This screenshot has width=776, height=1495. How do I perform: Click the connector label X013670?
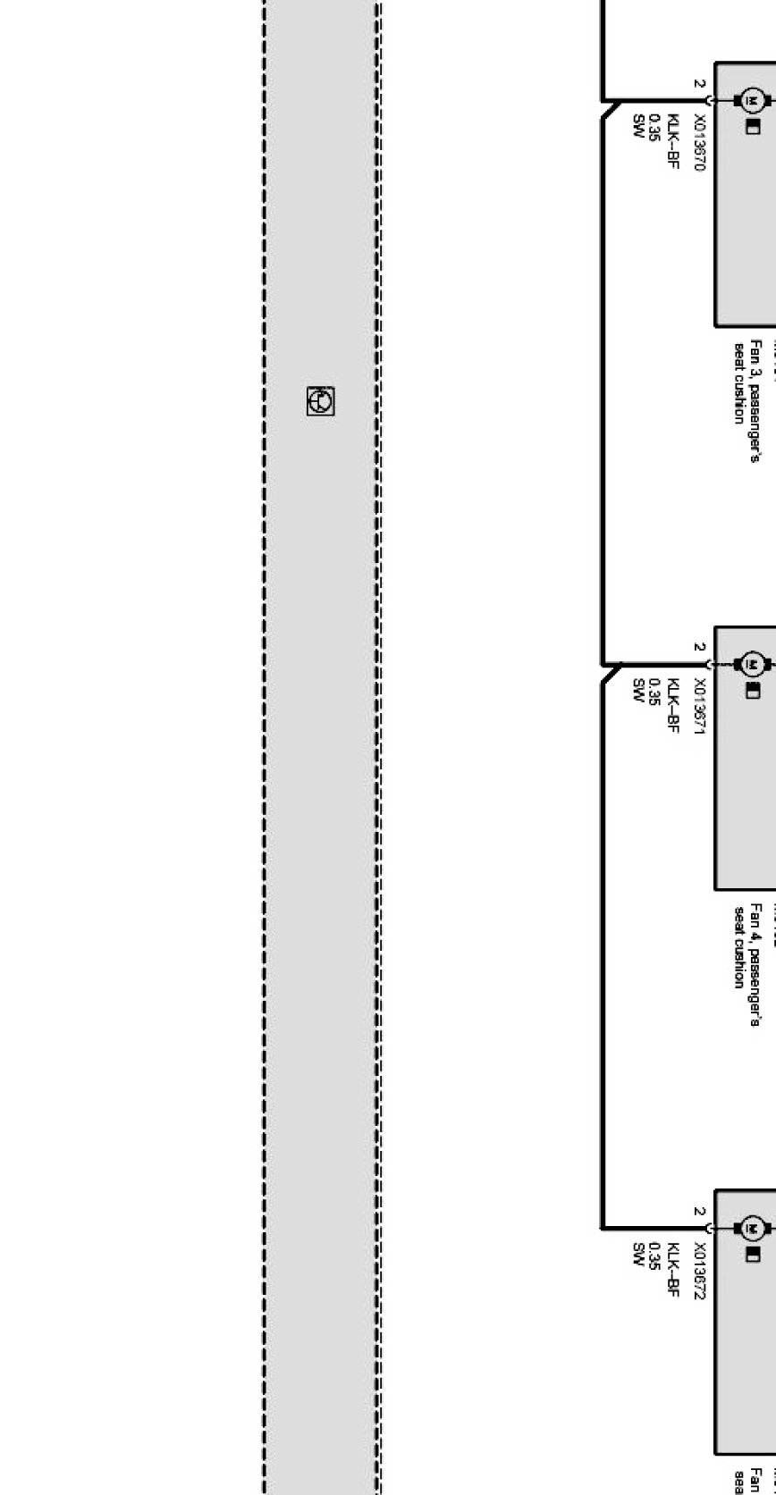[700, 143]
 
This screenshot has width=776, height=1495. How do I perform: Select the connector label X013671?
[700, 707]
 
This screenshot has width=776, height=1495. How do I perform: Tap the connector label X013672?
[700, 1272]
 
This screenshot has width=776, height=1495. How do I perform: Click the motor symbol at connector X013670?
[751, 99]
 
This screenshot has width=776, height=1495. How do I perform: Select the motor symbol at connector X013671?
[751, 664]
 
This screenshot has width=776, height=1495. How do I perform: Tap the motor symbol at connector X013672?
[751, 1229]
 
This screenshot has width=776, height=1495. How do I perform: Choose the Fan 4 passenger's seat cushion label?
[747, 964]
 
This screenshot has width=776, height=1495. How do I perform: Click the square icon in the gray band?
[320, 401]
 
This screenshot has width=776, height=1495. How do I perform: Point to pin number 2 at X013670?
[698, 84]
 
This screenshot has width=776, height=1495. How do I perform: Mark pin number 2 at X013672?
[698, 1213]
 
